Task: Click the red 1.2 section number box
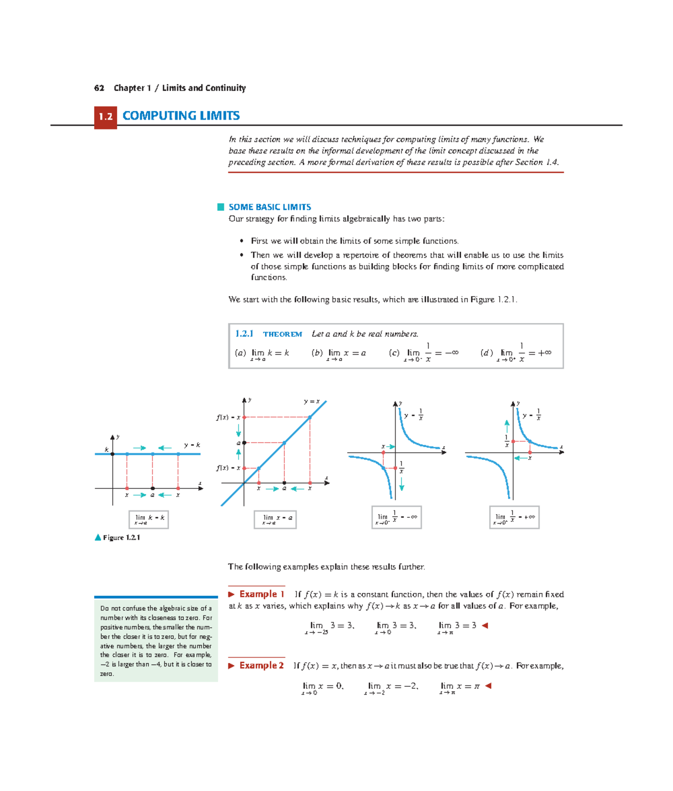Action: (105, 117)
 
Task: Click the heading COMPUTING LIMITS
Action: (181, 116)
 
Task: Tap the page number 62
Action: (99, 88)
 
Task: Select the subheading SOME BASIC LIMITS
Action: (269, 207)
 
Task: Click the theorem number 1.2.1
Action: (244, 334)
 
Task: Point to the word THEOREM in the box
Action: (283, 334)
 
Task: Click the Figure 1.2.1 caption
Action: (121, 537)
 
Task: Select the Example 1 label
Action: (261, 594)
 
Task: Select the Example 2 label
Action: (261, 665)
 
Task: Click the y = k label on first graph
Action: (192, 445)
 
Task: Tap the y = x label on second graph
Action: (312, 402)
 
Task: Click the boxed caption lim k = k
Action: (149, 519)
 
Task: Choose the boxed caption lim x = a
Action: (275, 519)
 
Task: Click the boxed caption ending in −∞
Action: (397, 517)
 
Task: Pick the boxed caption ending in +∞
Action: (514, 517)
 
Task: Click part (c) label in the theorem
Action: (394, 353)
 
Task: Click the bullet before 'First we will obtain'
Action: (242, 241)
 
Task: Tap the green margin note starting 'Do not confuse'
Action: (156, 640)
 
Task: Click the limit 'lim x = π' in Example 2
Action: (459, 687)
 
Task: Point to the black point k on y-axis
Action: (113, 454)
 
